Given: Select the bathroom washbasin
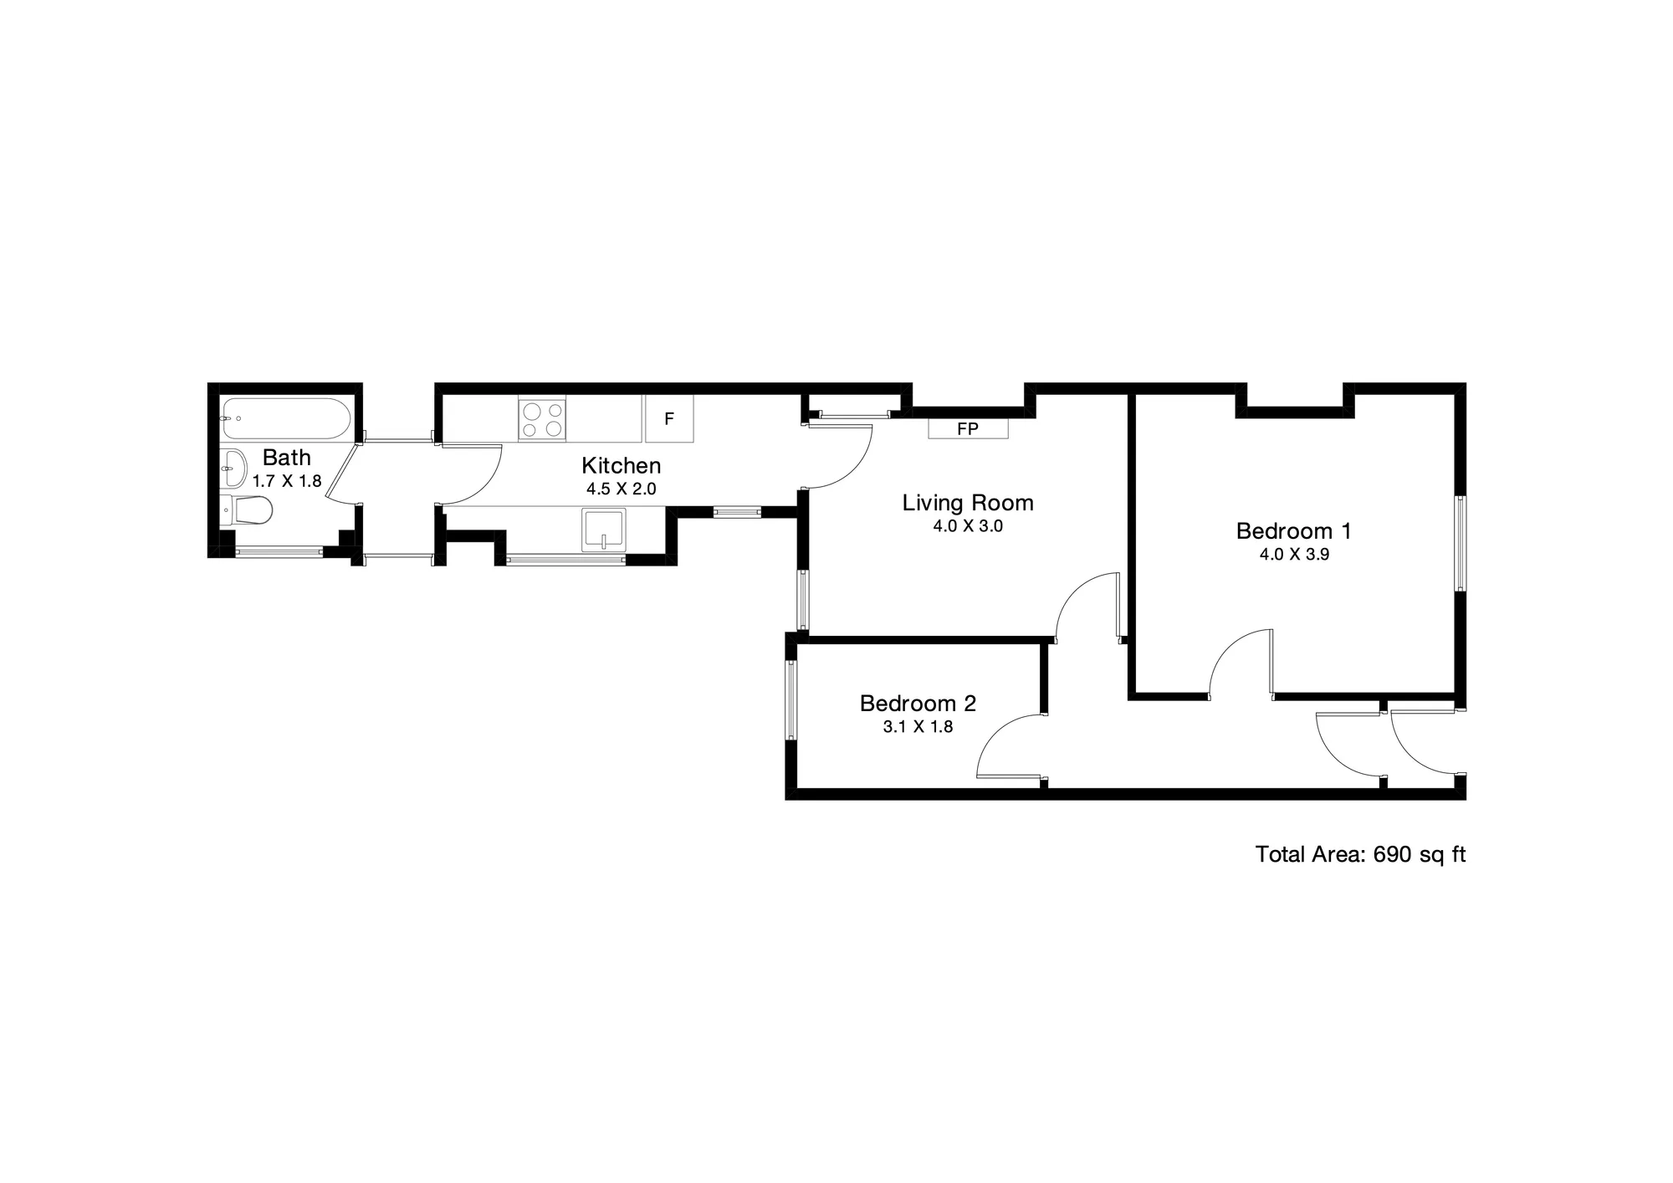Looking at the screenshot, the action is point(233,469).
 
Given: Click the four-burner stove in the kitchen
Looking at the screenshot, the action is point(542,419).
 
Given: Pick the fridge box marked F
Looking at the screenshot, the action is point(669,419).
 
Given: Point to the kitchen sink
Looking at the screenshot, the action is point(604,529).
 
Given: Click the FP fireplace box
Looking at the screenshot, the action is point(968,428).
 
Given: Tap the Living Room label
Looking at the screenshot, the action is point(968,503).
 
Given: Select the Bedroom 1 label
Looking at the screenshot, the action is point(1294,530).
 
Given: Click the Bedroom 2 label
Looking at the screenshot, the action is point(918,704).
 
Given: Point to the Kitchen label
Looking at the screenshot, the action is point(622,465).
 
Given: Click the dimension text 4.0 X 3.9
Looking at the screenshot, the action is point(1294,554).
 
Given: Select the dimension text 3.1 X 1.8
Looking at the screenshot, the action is point(918,727).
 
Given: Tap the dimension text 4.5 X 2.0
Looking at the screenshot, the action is point(622,489).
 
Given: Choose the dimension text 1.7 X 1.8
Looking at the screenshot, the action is point(287,481).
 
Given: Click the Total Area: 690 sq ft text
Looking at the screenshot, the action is point(1360,854).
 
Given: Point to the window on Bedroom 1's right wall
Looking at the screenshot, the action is point(1461,544).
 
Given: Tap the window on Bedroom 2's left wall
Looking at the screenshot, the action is point(790,700).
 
